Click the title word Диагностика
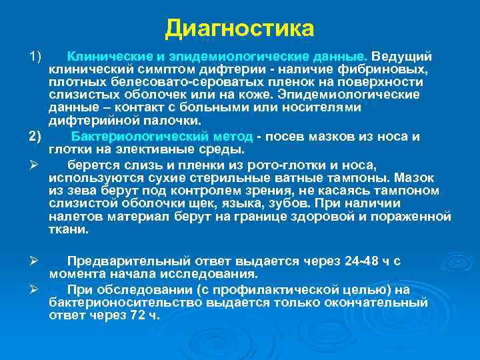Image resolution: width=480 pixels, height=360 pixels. (x=239, y=28)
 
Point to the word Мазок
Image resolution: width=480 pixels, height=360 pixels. (x=413, y=178)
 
